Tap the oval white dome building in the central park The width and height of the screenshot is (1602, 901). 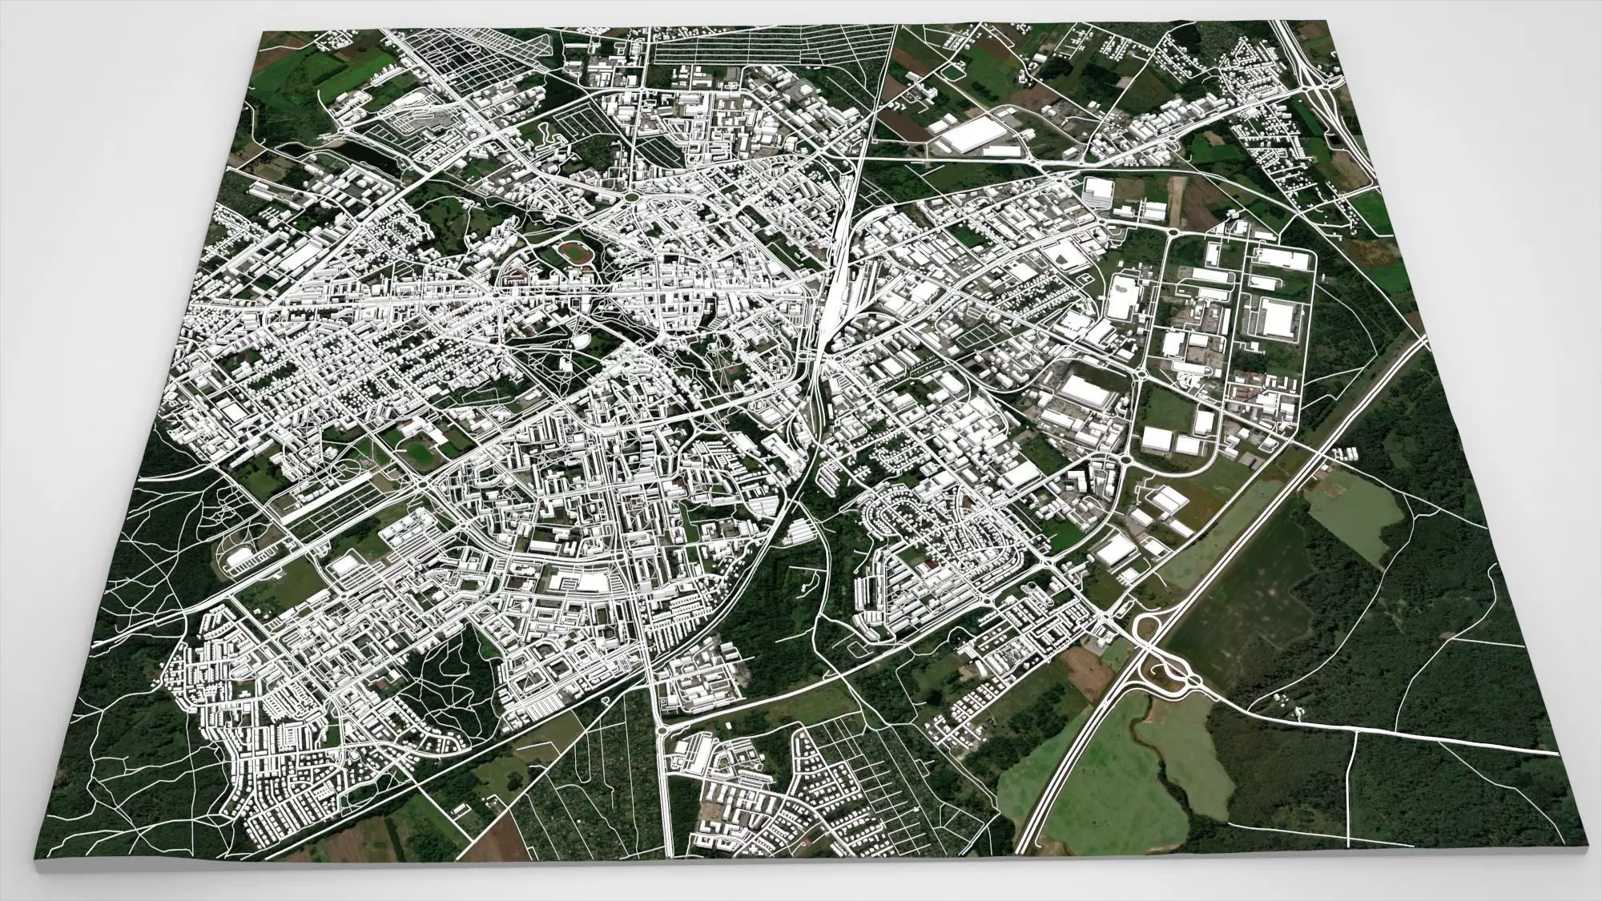(578, 341)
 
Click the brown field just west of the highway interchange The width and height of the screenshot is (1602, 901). (1082, 670)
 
